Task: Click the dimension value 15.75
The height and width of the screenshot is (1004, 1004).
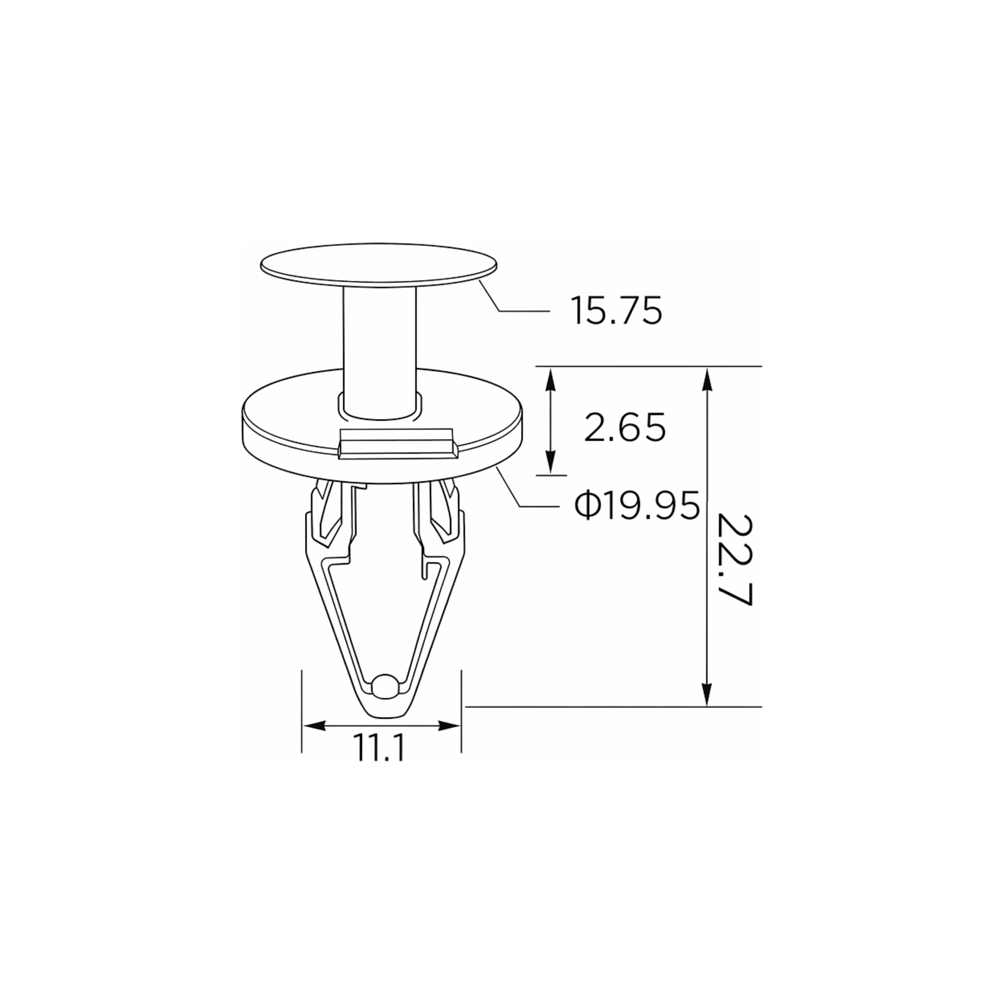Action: point(617,311)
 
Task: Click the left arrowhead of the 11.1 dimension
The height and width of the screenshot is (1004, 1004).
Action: point(314,726)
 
